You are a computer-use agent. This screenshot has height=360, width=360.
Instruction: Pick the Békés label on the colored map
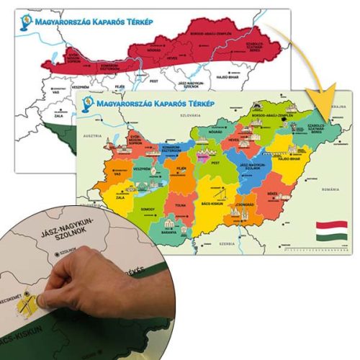pyautogui.click(x=272, y=193)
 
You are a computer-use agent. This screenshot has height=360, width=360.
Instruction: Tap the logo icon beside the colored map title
pyautogui.click(x=86, y=102)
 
